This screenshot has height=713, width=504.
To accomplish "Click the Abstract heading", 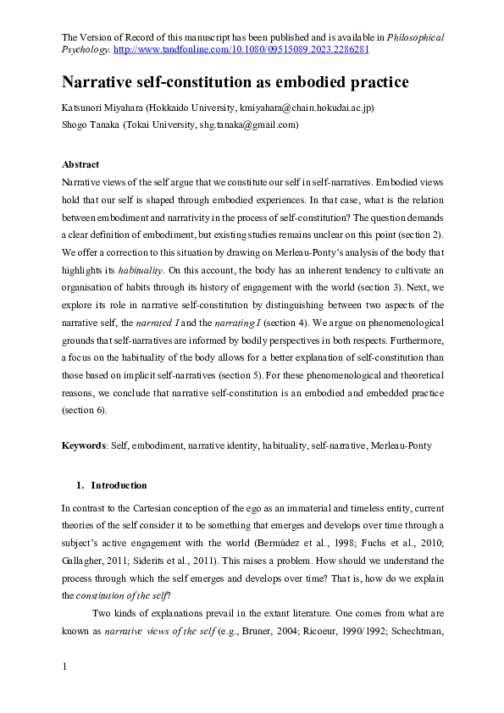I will pos(80,164).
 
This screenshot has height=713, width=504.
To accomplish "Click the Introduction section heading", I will pos(119,485).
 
